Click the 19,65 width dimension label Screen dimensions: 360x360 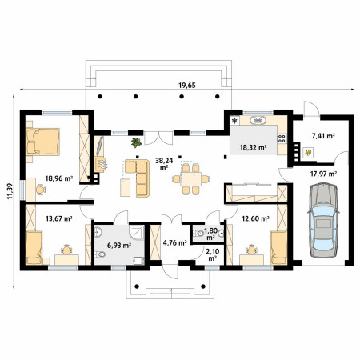point(187,86)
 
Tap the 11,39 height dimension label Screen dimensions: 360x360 point(10,191)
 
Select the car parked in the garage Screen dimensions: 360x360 point(323,220)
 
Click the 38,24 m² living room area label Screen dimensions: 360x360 point(164,164)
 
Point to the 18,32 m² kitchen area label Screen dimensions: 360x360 point(254,147)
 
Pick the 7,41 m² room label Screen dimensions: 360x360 point(323,136)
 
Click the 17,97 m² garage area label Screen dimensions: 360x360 point(323,174)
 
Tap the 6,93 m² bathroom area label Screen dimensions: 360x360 point(118,245)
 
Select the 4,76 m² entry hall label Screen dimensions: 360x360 point(174,242)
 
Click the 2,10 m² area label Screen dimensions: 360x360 point(212,254)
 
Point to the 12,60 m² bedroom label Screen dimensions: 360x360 point(255,218)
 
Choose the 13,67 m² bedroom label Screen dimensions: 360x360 point(59,218)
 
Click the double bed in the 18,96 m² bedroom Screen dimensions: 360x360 point(42,142)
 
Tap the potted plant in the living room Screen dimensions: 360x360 point(136,142)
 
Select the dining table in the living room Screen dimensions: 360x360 point(190,179)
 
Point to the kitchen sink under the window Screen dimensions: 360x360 point(258,121)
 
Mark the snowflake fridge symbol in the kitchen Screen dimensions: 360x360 point(234,122)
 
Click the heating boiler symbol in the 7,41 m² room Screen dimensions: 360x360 point(309,153)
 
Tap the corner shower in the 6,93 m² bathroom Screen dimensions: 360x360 point(137,232)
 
